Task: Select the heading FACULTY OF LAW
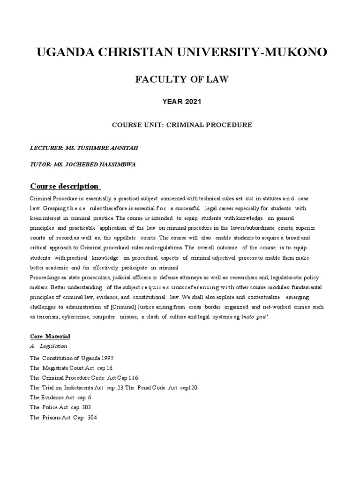point(182,79)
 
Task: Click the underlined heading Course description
point(64,186)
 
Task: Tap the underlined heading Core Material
point(50,336)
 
